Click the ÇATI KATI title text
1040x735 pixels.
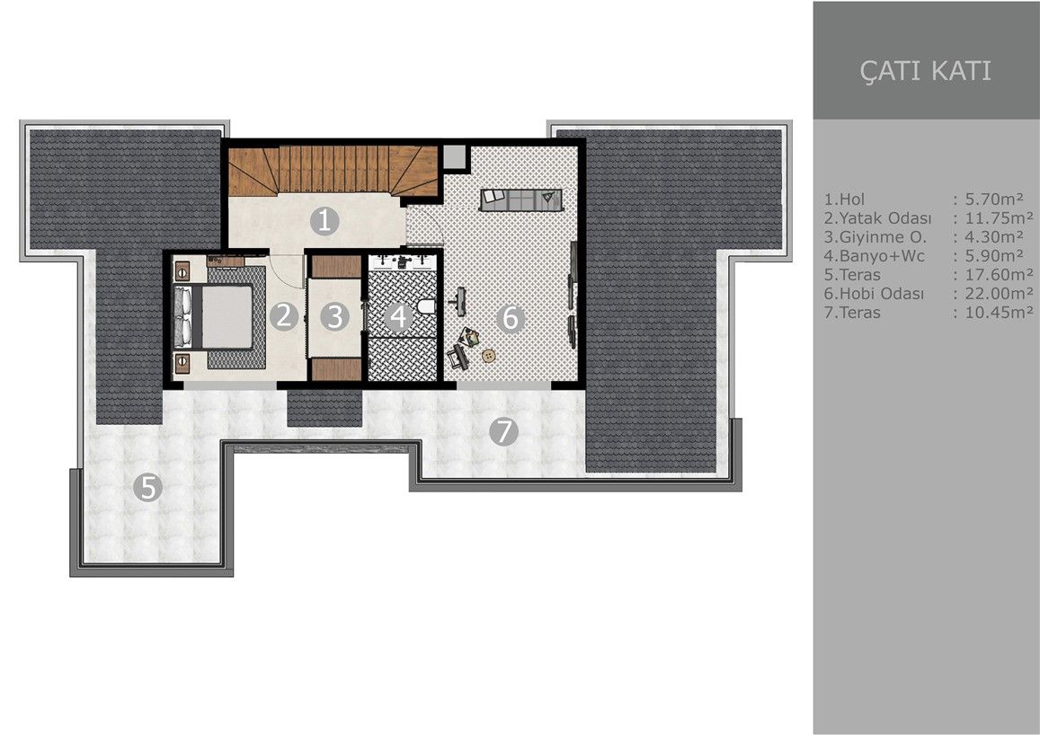pyautogui.click(x=925, y=71)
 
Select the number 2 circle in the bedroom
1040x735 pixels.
pyautogui.click(x=284, y=315)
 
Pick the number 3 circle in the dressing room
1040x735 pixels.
pyautogui.click(x=334, y=316)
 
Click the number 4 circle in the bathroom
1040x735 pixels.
pyautogui.click(x=397, y=316)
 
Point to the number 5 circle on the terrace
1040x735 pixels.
pyautogui.click(x=147, y=488)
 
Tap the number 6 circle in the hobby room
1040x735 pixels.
pyautogui.click(x=511, y=317)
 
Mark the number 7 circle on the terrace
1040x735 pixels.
pyautogui.click(x=503, y=432)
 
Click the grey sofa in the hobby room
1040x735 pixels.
pyautogui.click(x=520, y=199)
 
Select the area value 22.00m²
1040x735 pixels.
pyautogui.click(x=997, y=294)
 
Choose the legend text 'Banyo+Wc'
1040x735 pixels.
pyautogui.click(x=871, y=256)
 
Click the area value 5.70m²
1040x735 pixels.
pyautogui.click(x=992, y=199)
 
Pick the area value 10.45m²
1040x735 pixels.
pyautogui.click(x=997, y=313)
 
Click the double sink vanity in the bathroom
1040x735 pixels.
pyautogui.click(x=403, y=262)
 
